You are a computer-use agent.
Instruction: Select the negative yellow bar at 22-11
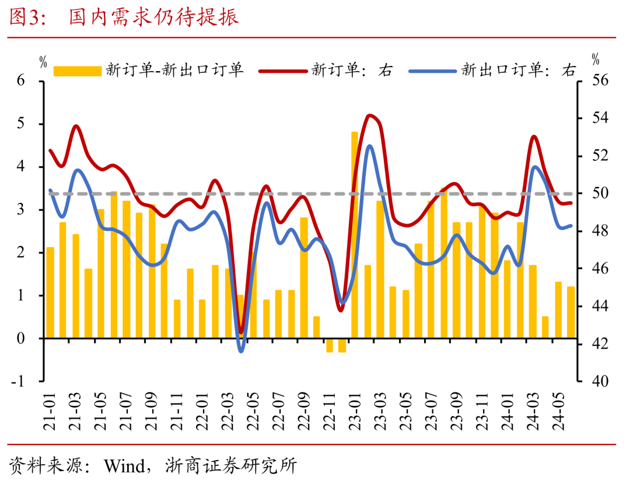[330, 345]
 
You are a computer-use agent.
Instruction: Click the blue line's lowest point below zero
[241, 351]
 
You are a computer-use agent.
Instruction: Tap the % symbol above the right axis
[595, 59]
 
